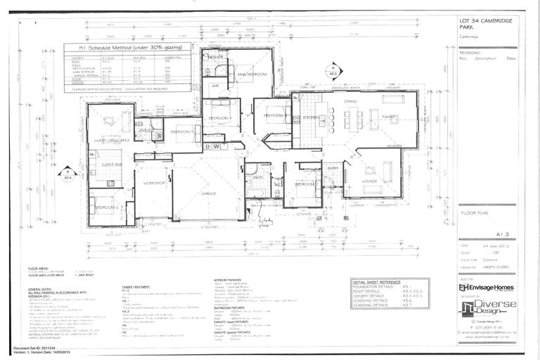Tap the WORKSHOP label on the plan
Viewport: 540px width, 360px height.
[x=154, y=184]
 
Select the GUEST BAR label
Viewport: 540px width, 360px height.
[x=112, y=165]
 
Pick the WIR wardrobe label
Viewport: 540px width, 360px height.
[x=215, y=86]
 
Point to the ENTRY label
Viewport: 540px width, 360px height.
[x=333, y=168]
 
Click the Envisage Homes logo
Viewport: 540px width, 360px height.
[x=487, y=287]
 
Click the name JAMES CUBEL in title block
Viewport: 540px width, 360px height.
[x=495, y=267]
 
